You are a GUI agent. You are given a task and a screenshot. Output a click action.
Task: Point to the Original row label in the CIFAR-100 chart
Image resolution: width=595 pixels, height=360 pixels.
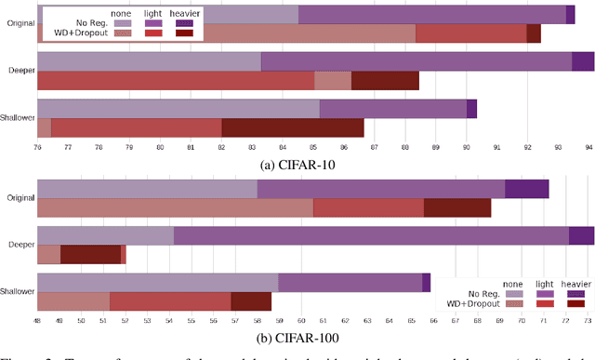tap(20, 197)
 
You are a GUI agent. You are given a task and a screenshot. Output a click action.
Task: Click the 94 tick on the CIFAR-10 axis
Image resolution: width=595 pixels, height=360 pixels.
tap(588, 148)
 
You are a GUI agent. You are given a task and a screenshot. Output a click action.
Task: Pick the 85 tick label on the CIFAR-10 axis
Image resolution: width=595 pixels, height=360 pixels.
tap(313, 148)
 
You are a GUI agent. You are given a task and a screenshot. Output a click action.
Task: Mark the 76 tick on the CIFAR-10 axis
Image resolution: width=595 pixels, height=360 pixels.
tap(38, 148)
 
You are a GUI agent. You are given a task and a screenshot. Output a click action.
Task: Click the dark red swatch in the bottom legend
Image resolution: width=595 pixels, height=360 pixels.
tap(575, 303)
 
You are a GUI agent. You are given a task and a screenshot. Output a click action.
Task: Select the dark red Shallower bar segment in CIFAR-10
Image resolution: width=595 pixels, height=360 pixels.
tap(293, 127)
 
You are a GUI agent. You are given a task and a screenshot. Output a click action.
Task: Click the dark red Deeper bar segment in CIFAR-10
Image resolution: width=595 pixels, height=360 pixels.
tap(385, 80)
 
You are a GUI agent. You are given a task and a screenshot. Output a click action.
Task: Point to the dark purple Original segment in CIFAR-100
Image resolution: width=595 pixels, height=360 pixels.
tap(526, 189)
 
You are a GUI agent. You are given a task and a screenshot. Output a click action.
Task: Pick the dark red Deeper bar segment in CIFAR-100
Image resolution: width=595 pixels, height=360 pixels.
tap(90, 254)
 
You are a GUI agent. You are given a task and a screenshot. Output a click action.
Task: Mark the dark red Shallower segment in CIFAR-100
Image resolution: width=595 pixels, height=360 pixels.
tap(251, 300)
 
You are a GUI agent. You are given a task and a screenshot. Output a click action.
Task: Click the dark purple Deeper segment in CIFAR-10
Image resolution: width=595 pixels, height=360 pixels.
tap(582, 61)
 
